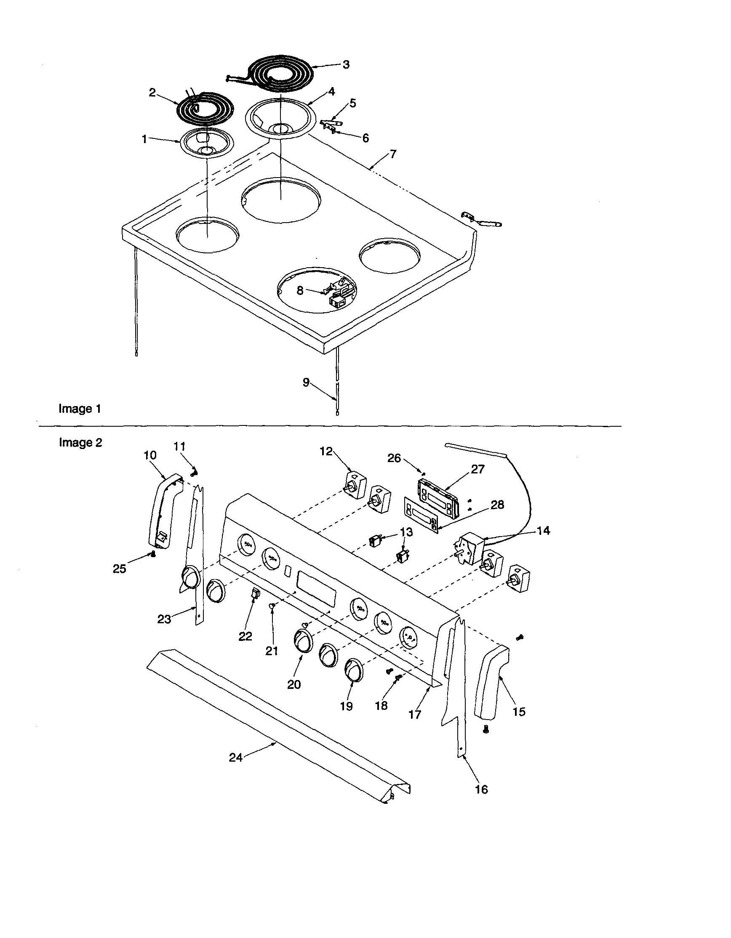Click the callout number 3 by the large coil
346,64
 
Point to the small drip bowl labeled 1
207,144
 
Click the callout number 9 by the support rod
306,382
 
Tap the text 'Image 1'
80,409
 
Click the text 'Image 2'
80,442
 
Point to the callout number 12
326,452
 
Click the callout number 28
497,504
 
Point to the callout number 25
120,569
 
